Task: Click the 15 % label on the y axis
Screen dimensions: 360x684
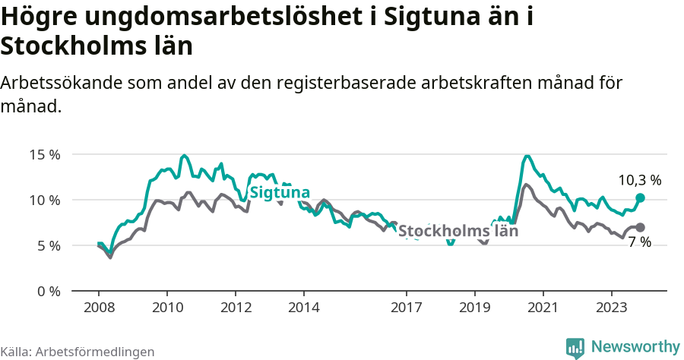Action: click(44, 155)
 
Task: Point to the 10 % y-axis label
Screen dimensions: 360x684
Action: click(44, 201)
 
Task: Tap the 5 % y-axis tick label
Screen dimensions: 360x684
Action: click(47, 246)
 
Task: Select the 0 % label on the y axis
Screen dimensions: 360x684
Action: click(47, 292)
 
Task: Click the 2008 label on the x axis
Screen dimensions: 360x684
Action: click(99, 308)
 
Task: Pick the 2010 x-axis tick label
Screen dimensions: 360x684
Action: click(167, 308)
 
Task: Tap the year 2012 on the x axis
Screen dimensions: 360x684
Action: click(236, 308)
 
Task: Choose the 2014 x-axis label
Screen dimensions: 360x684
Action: click(304, 308)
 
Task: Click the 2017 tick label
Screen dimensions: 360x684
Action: click(407, 308)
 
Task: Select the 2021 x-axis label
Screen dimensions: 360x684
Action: click(543, 308)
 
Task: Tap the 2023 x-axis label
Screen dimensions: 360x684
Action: click(612, 308)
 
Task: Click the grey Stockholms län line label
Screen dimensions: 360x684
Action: click(458, 231)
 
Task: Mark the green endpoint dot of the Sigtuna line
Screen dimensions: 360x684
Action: click(640, 197)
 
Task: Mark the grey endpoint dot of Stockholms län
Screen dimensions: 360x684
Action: click(640, 227)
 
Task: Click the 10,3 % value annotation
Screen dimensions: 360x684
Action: click(639, 181)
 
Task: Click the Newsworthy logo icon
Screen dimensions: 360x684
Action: click(575, 347)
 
